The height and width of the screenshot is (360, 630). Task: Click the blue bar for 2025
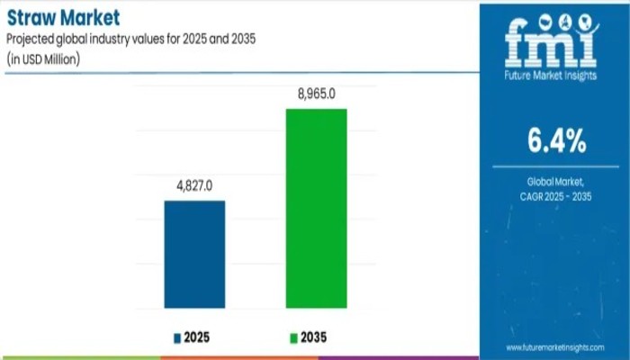[194, 255]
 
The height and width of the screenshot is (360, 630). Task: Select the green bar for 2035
[316, 209]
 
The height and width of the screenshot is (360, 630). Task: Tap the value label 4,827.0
[194, 185]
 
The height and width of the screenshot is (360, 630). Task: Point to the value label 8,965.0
[316, 93]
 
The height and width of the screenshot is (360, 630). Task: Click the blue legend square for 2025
[176, 337]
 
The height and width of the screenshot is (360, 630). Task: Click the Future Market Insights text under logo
[554, 78]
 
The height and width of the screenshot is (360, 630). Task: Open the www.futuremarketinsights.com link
[553, 346]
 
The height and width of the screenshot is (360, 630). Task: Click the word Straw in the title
[30, 18]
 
